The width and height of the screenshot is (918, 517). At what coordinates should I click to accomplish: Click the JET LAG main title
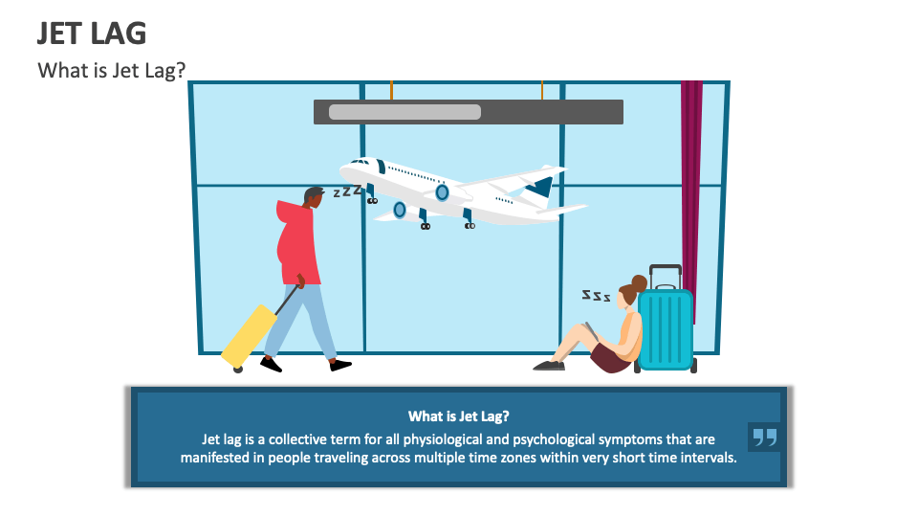pos(92,34)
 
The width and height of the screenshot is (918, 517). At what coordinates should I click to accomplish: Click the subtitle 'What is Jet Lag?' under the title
pos(111,71)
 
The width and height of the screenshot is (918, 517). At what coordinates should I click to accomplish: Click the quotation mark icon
pos(764,438)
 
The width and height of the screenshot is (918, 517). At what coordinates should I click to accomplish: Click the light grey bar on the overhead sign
pos(404,112)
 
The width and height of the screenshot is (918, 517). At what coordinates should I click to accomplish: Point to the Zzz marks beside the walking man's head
pos(347,191)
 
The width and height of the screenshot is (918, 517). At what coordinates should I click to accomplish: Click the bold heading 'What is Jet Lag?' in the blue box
pos(458,416)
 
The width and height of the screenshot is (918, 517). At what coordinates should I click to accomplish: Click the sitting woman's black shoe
pos(549,365)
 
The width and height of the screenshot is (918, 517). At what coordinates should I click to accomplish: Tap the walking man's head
pos(314,197)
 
